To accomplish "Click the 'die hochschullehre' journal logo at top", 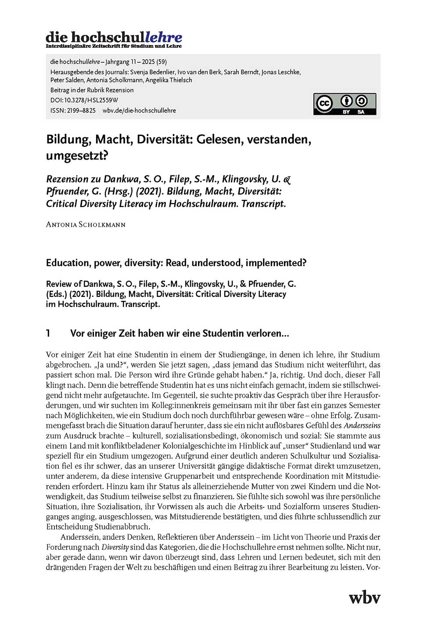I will click(114, 39).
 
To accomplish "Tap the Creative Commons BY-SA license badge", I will click(344, 104).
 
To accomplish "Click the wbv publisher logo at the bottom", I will click(364, 597).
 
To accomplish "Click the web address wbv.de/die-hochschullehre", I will click(139, 110).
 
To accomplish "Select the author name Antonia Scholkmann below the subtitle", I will click(86, 224).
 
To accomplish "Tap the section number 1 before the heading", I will click(48, 333).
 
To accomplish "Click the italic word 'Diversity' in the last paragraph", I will click(115, 547).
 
